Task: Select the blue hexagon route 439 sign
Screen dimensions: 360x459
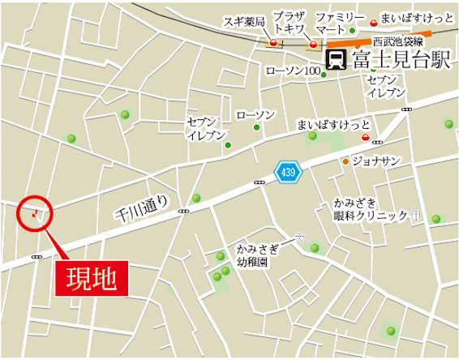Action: (288, 172)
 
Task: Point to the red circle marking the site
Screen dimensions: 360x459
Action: (35, 214)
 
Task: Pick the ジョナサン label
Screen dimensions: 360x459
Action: (376, 161)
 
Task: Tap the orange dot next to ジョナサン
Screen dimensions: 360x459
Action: (345, 161)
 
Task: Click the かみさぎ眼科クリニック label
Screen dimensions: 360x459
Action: (369, 208)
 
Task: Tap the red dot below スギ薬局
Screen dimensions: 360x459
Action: (274, 43)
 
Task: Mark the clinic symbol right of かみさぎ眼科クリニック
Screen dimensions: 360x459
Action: (415, 216)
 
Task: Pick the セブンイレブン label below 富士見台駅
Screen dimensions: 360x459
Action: (386, 87)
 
